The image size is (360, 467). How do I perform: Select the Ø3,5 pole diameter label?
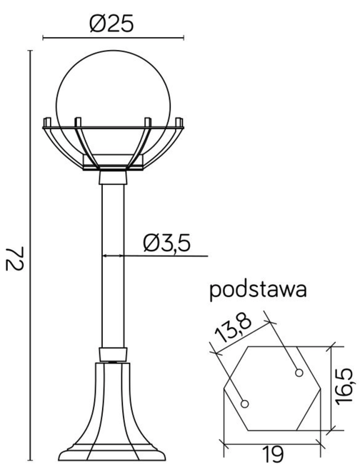pyautogui.click(x=166, y=243)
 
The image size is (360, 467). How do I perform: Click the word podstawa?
pyautogui.click(x=258, y=291)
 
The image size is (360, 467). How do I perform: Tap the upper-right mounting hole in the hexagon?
pyautogui.click(x=298, y=372)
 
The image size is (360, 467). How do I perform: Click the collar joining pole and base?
pyautogui.click(x=113, y=354)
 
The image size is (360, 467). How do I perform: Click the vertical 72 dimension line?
pyautogui.click(x=31, y=257)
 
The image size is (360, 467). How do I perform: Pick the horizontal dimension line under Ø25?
pyautogui.click(x=112, y=38)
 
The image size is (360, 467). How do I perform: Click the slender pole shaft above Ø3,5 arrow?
pyautogui.click(x=112, y=214)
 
